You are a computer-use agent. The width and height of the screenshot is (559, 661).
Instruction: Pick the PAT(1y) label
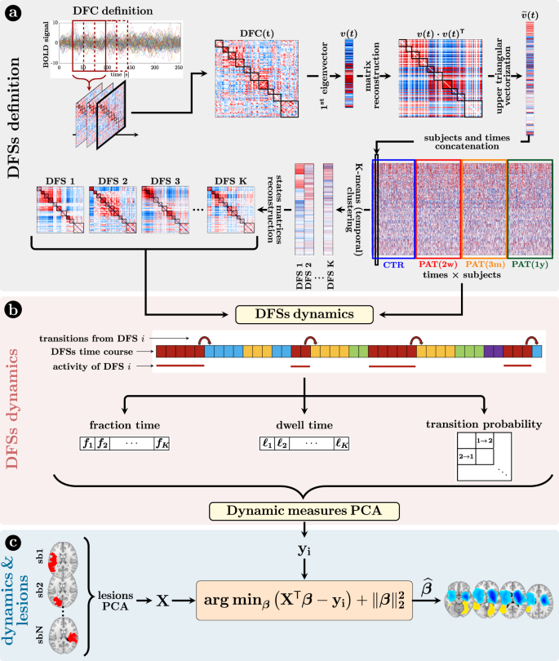click(x=530, y=264)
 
